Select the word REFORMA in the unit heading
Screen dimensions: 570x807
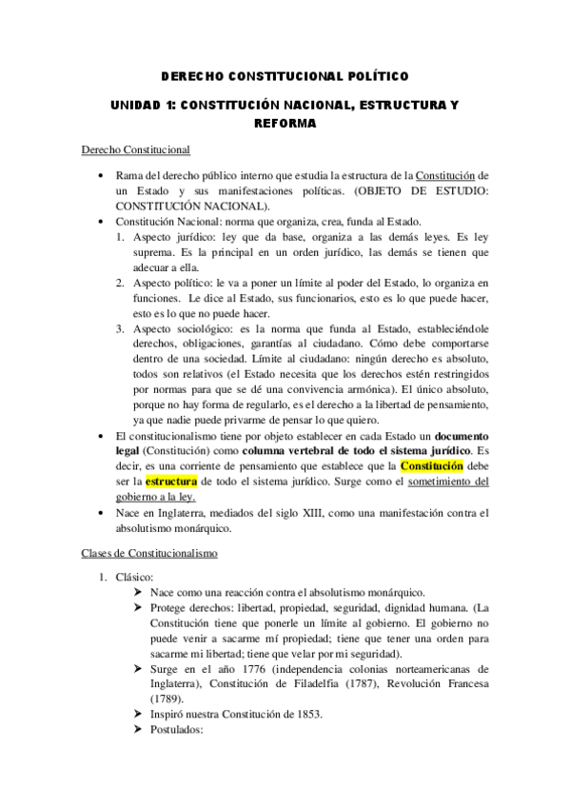[x=285, y=123]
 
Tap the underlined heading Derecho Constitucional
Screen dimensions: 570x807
[x=135, y=149]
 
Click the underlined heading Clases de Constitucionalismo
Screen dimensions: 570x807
[x=149, y=552]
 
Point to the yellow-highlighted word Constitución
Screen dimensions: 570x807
[x=432, y=466]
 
